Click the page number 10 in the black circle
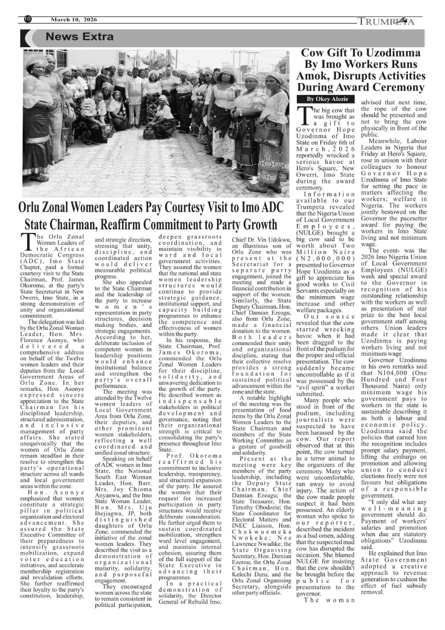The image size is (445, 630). click(28, 19)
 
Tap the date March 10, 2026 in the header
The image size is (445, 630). click(74, 20)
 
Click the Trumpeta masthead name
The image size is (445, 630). click(386, 21)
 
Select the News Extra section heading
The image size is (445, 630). click(79, 37)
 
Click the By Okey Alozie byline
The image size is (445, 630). click(323, 98)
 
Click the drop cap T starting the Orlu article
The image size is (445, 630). click(29, 243)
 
